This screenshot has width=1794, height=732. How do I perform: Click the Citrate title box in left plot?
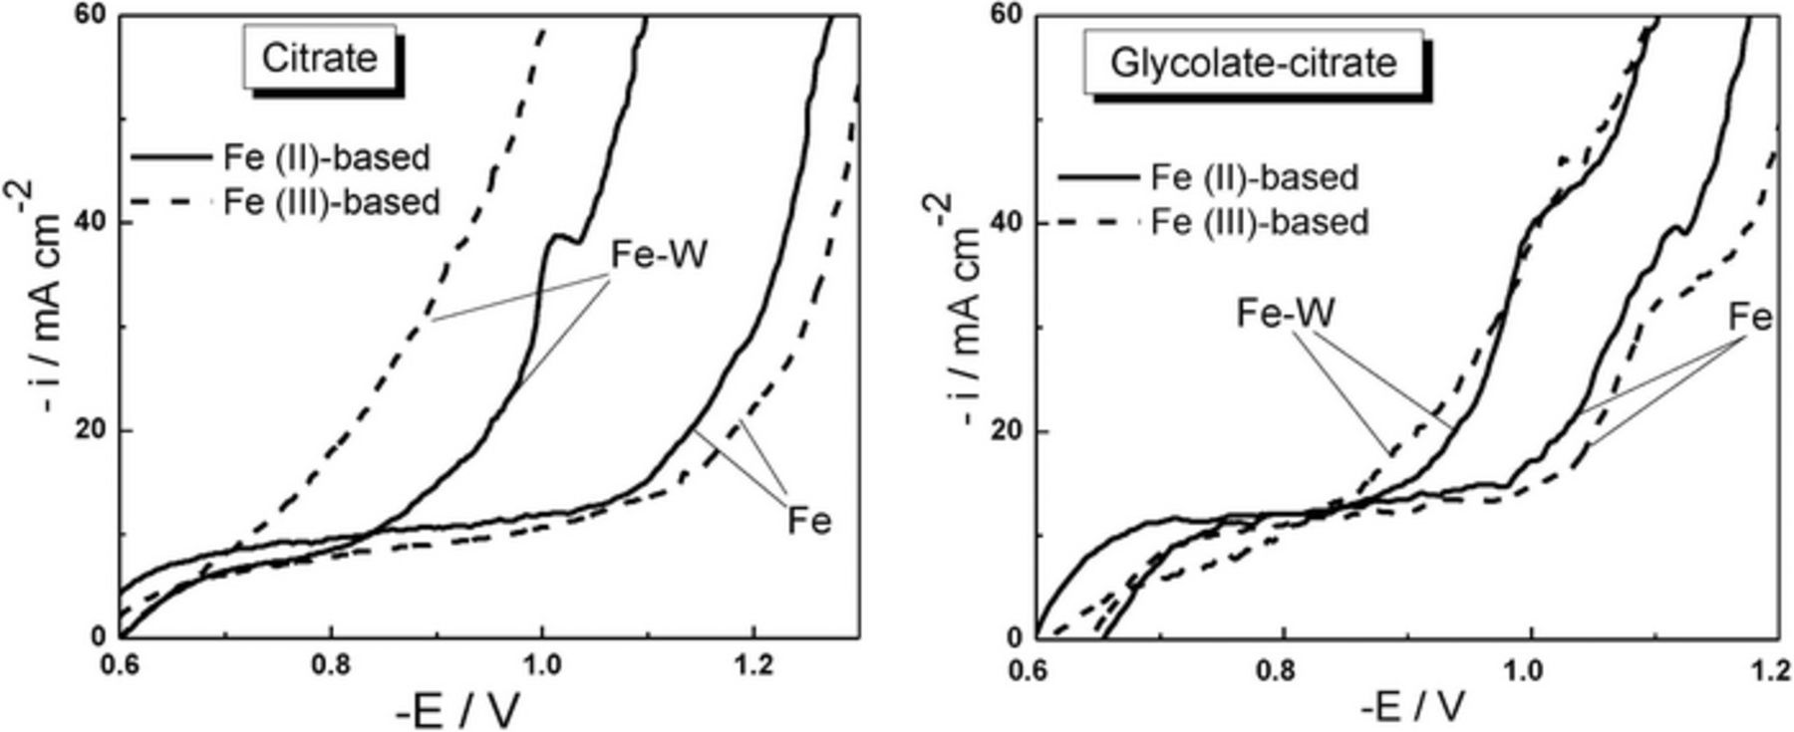click(320, 58)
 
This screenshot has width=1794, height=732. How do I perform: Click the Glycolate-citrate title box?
click(1253, 63)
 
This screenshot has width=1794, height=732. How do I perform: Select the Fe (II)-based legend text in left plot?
click(326, 157)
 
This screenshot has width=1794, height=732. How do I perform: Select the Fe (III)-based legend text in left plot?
click(331, 201)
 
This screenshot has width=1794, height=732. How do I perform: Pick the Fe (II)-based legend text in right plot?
click(1254, 177)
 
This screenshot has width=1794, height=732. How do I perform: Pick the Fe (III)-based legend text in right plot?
click(1259, 221)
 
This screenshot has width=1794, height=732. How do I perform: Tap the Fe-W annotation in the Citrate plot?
click(659, 255)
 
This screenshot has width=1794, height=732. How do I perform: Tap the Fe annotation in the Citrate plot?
click(808, 521)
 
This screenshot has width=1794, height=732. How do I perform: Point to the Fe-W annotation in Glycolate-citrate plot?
click(1285, 313)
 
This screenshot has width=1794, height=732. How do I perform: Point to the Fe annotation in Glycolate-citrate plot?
click(1750, 318)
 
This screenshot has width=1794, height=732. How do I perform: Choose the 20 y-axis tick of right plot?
click(1009, 430)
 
